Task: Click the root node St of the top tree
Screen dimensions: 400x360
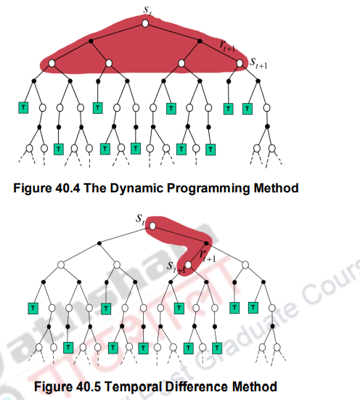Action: (x=144, y=23)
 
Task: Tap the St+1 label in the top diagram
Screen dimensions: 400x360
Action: (x=258, y=65)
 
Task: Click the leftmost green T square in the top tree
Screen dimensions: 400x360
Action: (x=22, y=108)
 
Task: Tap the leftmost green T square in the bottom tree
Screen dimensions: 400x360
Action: (x=31, y=308)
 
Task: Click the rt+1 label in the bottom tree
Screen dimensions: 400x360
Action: (x=207, y=256)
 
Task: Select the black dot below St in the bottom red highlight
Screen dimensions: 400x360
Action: (x=208, y=244)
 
